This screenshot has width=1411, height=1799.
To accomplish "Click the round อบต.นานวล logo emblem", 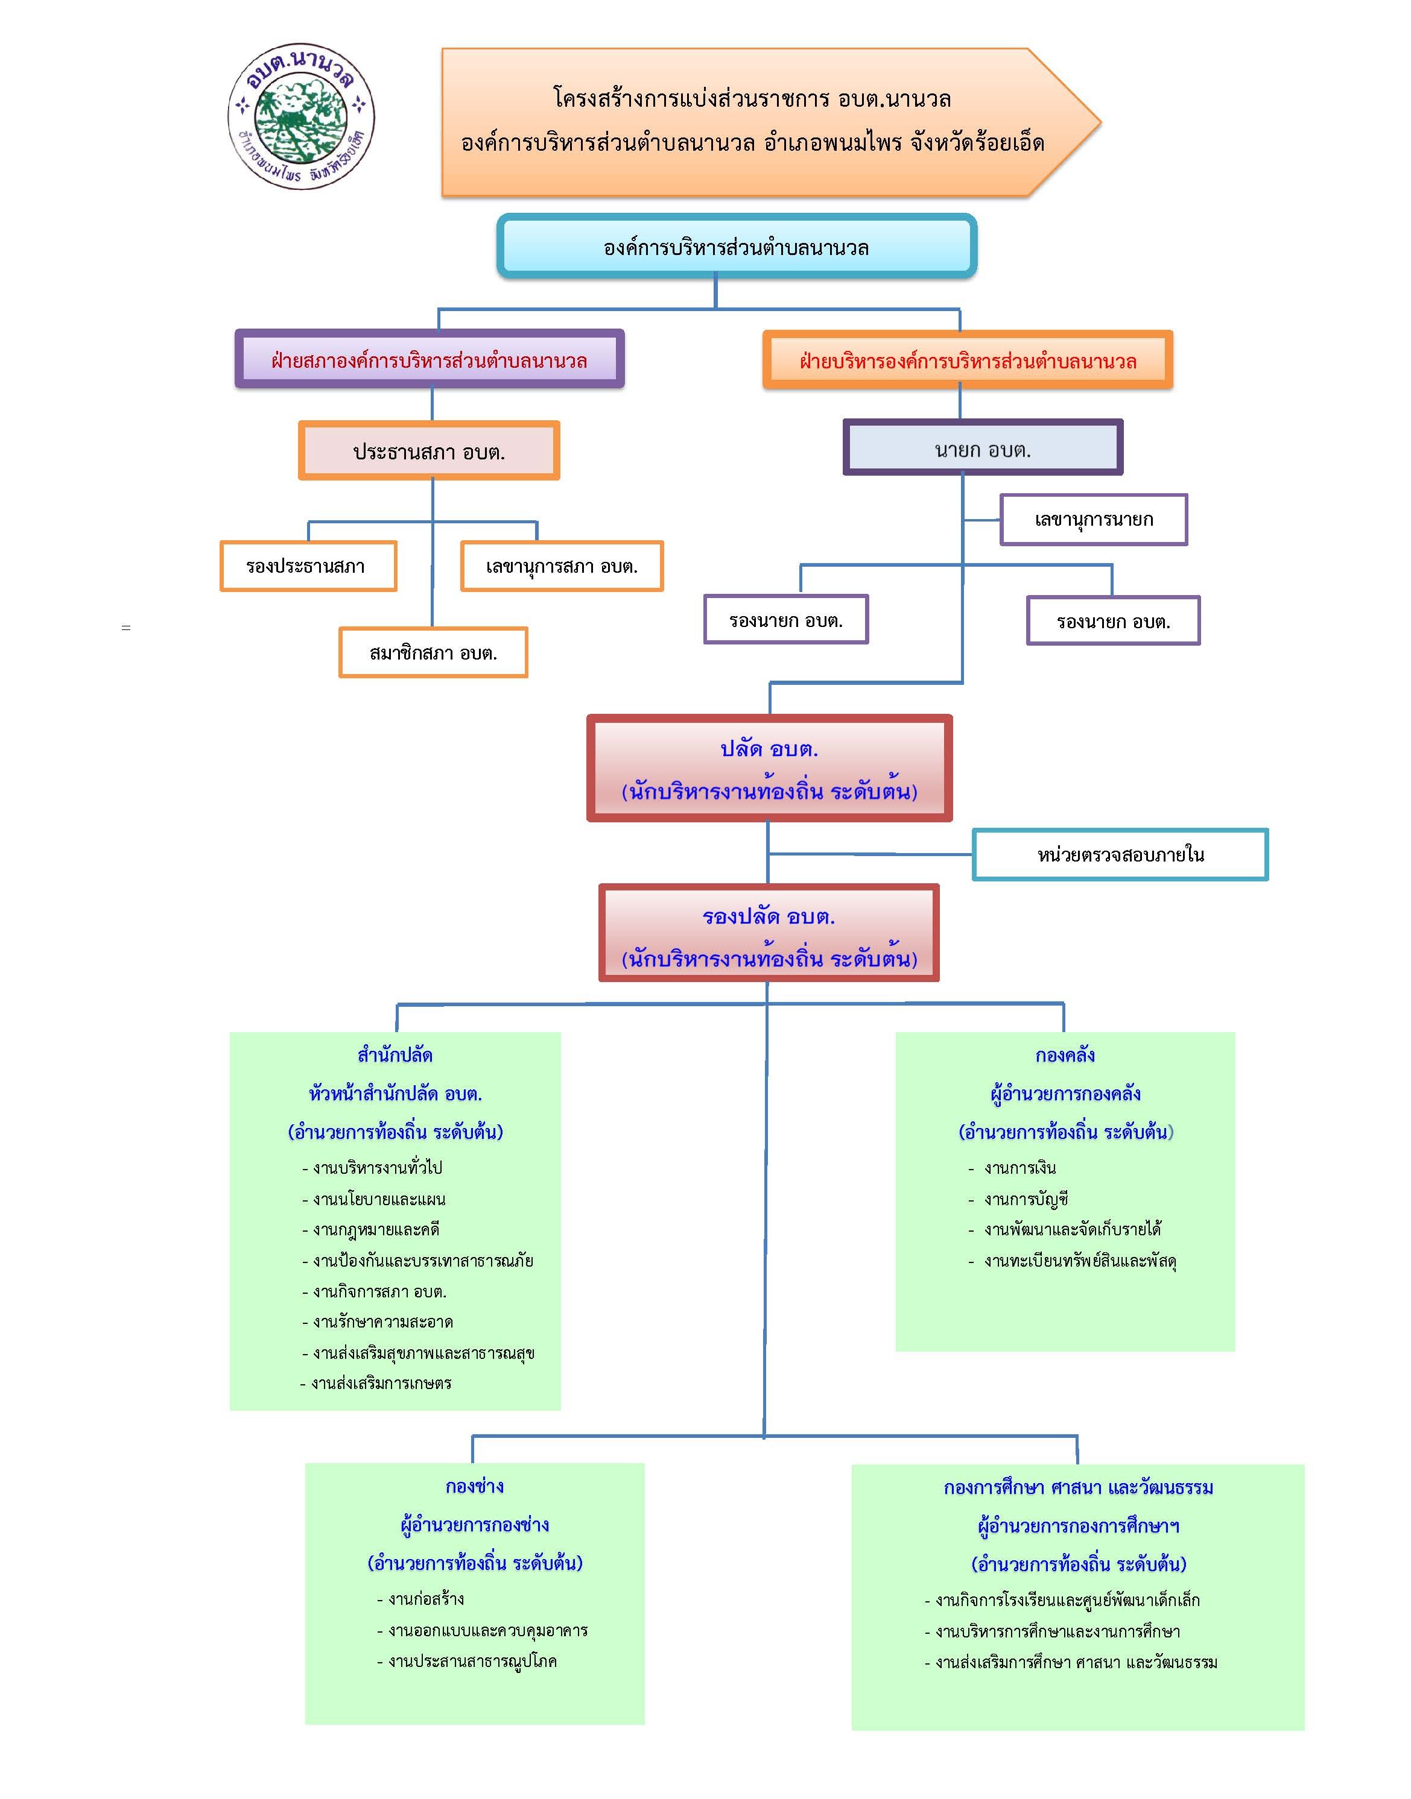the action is point(302,117).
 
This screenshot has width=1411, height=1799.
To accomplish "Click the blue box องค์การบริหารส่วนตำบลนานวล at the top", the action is point(737,246).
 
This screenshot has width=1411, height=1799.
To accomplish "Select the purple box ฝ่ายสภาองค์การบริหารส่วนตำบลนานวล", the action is point(430,359).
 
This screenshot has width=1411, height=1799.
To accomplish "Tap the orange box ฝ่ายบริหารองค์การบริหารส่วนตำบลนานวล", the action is point(968,360).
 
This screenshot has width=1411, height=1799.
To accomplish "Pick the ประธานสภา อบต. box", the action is point(429,451).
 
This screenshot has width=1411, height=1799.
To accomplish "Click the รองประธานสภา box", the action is point(308,566).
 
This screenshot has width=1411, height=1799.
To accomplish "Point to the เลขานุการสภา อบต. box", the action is point(562,566).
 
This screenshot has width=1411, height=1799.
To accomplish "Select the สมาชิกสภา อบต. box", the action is point(433,652).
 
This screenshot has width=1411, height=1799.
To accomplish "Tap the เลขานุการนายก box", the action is point(1094,519).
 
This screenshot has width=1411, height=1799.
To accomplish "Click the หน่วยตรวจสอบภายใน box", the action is point(1120,854).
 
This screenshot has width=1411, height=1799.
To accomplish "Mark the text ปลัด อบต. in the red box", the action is point(769,749).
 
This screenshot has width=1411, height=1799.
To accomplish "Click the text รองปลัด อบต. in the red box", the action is point(769,916).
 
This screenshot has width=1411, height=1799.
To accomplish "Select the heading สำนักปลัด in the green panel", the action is point(395,1055).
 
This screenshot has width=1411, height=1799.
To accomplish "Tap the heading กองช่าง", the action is point(474,1486).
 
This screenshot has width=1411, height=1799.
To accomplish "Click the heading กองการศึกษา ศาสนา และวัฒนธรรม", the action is point(1078,1488).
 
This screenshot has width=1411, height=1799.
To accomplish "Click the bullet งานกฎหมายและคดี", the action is point(371,1229).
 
